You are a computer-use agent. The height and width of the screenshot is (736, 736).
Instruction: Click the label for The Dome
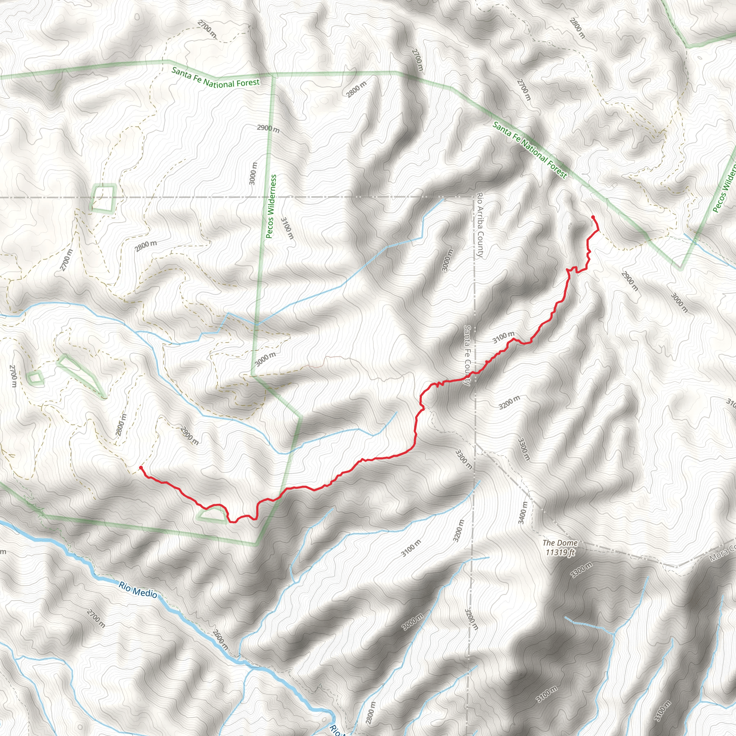[x=560, y=542]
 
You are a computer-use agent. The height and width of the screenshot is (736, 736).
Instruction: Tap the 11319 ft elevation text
[x=560, y=552]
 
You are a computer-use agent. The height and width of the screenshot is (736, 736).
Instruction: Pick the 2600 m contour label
[x=221, y=640]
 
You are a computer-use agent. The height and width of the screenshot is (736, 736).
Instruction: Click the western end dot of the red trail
[x=141, y=468]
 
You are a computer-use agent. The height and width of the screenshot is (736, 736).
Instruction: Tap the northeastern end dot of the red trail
[x=593, y=217]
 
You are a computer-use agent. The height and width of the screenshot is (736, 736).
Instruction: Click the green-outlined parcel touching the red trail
[x=212, y=515]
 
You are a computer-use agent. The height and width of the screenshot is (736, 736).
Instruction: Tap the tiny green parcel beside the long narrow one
[x=36, y=378]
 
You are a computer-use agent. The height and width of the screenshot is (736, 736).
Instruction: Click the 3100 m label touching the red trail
[x=503, y=337]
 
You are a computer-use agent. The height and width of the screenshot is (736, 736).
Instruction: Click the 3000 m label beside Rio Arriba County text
[x=448, y=260]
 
